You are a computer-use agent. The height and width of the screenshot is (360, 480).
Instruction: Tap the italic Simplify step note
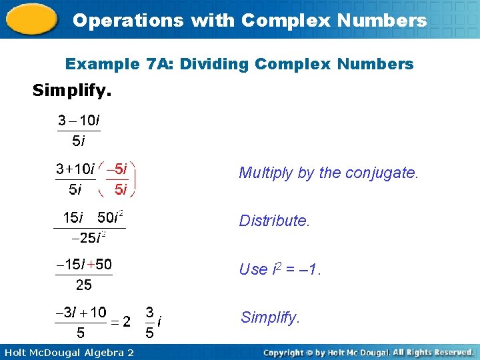[269, 317]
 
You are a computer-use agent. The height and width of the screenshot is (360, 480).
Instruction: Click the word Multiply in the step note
[266, 173]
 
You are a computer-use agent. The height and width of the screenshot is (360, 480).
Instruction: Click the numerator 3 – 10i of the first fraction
[78, 121]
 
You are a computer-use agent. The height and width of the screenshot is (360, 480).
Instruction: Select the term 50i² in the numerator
[111, 217]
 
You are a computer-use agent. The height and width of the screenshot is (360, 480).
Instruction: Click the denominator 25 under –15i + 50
[84, 285]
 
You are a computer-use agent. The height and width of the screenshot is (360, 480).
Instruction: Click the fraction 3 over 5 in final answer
[151, 321]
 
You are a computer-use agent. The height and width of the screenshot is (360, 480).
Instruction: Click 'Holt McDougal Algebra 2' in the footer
[67, 352]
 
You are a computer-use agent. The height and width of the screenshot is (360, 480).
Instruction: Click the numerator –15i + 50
[84, 265]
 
